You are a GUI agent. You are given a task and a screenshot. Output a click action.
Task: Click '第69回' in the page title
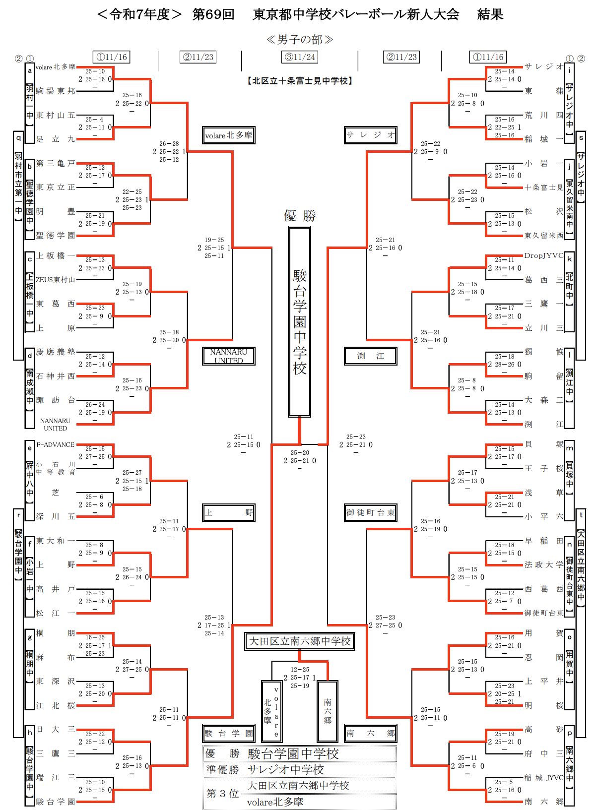[x=213, y=14]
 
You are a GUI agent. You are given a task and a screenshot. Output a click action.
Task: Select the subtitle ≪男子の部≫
[x=299, y=39]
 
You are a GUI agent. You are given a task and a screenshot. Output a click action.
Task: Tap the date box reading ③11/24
[x=300, y=57]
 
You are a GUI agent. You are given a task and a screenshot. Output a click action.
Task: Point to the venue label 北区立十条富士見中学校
[x=300, y=81]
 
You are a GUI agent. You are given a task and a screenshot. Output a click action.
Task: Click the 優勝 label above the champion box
[x=300, y=216]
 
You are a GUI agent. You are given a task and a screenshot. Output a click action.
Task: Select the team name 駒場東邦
[x=56, y=91]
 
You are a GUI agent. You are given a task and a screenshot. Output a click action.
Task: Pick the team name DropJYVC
[x=544, y=256]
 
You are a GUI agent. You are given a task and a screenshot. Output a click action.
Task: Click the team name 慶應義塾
[x=56, y=352]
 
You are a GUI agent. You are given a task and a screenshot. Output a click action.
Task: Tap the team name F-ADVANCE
[x=56, y=444]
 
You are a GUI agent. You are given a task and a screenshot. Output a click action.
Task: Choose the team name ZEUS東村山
[x=56, y=280]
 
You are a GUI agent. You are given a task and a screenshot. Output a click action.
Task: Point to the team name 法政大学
[x=544, y=564]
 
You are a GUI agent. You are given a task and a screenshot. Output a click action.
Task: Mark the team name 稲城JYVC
[x=544, y=777]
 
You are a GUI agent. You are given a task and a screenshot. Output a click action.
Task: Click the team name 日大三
[x=56, y=729]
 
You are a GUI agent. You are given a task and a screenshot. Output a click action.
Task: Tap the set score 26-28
[x=169, y=144]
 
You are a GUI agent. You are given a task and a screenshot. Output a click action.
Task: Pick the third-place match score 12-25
[x=300, y=670]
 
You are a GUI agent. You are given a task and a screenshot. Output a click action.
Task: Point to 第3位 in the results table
[x=223, y=794]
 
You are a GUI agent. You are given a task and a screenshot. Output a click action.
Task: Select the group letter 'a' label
[x=30, y=70]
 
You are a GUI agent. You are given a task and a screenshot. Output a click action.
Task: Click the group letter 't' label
[x=581, y=515]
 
